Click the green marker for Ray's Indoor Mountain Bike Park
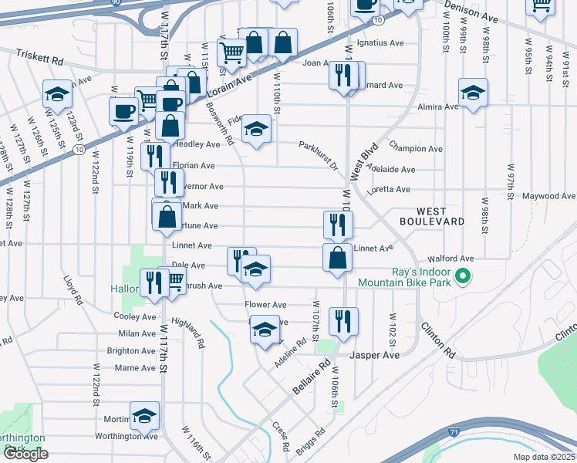click(463, 275)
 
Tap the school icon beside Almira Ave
click(473, 93)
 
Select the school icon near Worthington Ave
click(144, 416)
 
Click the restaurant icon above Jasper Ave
click(343, 321)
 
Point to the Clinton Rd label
click(437, 340)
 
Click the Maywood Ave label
click(548, 196)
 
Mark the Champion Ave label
click(416, 148)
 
